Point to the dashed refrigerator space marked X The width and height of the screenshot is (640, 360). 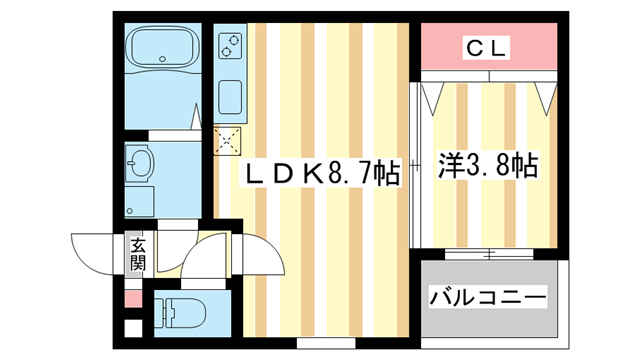(x=228, y=139)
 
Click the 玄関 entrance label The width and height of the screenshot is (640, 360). (x=138, y=254)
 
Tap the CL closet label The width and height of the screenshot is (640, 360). (x=487, y=46)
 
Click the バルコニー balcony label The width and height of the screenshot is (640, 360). (x=488, y=298)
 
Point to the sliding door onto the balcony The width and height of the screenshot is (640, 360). (x=487, y=252)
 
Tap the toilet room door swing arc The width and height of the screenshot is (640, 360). (x=205, y=262)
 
